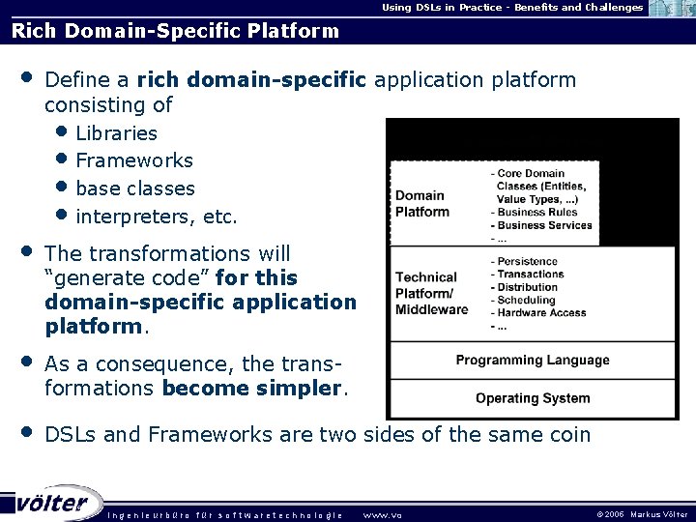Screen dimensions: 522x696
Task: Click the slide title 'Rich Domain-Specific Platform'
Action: [175, 31]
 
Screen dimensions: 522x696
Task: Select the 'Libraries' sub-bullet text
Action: [116, 133]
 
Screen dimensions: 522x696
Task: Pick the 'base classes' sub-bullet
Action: [134, 188]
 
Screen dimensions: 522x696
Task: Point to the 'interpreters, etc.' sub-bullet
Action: [156, 217]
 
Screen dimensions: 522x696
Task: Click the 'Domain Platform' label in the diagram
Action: [421, 204]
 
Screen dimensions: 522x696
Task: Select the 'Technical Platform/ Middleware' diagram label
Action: [431, 293]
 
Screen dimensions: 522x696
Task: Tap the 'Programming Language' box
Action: [533, 361]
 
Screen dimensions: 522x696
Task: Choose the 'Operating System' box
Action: [533, 398]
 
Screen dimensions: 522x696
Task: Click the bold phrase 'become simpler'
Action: [253, 390]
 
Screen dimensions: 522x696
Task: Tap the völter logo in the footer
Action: [53, 503]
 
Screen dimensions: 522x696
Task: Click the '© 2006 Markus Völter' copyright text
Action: [643, 514]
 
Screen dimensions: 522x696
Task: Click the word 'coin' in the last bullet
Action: [569, 435]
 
